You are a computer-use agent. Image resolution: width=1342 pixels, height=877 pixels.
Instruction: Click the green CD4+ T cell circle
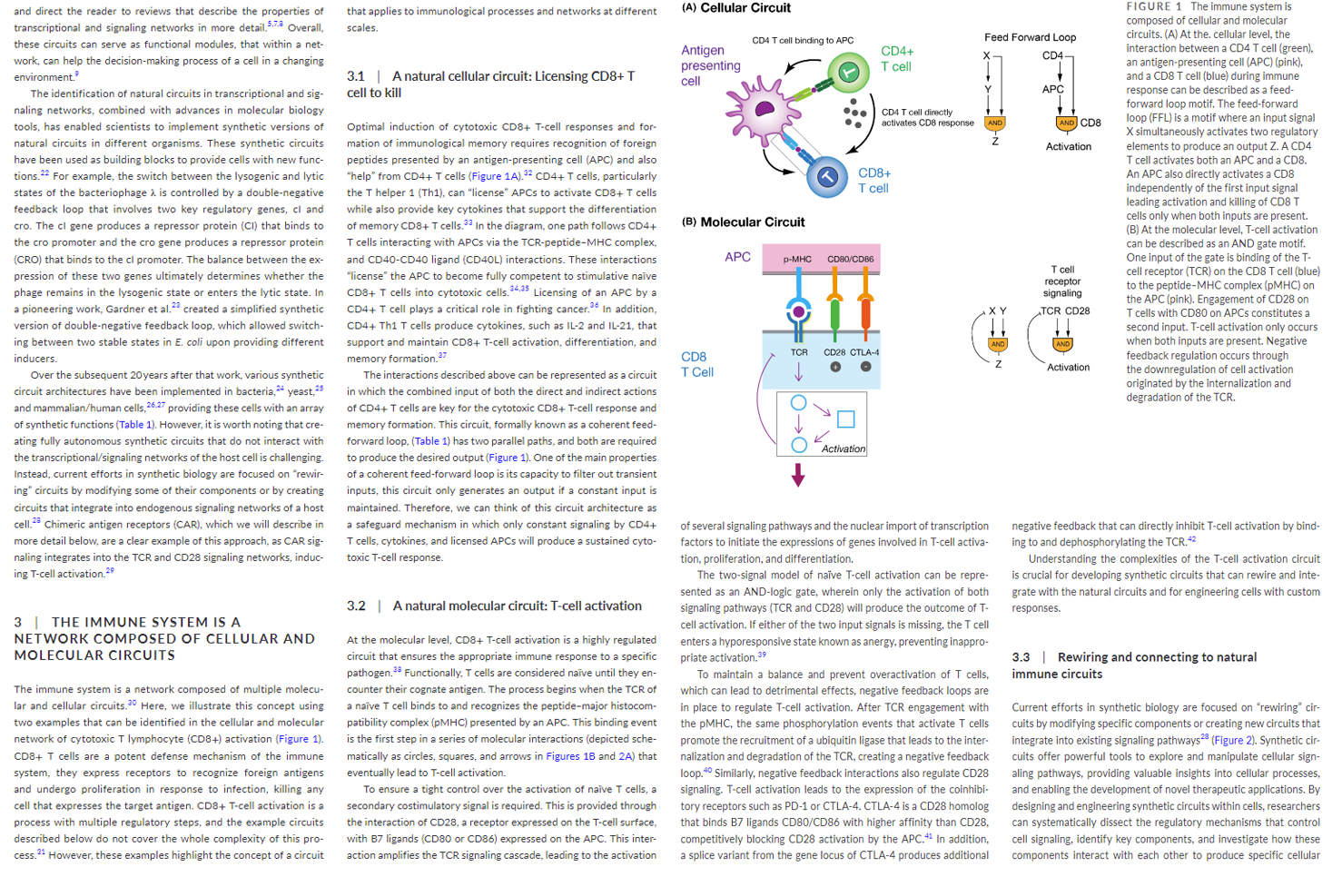(x=848, y=72)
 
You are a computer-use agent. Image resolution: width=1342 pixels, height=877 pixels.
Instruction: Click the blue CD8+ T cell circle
(x=826, y=177)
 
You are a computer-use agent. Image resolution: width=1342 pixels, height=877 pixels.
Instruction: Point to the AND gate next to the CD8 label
(x=1066, y=123)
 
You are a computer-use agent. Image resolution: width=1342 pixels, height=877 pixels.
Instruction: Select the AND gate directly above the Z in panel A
(x=995, y=123)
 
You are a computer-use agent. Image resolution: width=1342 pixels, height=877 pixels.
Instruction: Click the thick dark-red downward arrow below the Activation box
(x=798, y=475)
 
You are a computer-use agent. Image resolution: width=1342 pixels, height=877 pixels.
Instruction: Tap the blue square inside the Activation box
(x=845, y=419)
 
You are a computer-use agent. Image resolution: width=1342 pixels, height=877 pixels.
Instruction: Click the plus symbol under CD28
(x=835, y=367)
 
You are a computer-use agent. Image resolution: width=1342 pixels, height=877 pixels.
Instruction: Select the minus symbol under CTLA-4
(x=865, y=367)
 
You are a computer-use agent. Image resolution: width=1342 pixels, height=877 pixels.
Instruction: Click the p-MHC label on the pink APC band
(x=797, y=259)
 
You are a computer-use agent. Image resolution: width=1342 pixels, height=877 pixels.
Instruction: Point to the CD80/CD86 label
(x=850, y=259)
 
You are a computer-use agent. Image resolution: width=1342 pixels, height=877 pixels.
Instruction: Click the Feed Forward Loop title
(x=1030, y=37)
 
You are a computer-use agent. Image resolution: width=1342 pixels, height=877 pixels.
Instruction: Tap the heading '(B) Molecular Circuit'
(x=743, y=222)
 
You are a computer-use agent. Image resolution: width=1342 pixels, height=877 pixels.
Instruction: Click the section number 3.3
(x=1021, y=657)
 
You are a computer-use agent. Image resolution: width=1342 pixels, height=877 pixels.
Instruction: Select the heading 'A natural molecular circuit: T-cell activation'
(x=517, y=606)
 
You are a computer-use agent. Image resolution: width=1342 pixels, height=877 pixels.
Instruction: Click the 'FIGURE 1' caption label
(x=1154, y=6)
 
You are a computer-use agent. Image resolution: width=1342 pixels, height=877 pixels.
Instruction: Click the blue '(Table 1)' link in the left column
(x=135, y=424)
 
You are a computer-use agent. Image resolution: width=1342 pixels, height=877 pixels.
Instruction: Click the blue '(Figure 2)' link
(x=1232, y=740)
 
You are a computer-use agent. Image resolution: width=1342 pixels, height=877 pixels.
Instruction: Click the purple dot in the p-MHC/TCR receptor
(x=798, y=311)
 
